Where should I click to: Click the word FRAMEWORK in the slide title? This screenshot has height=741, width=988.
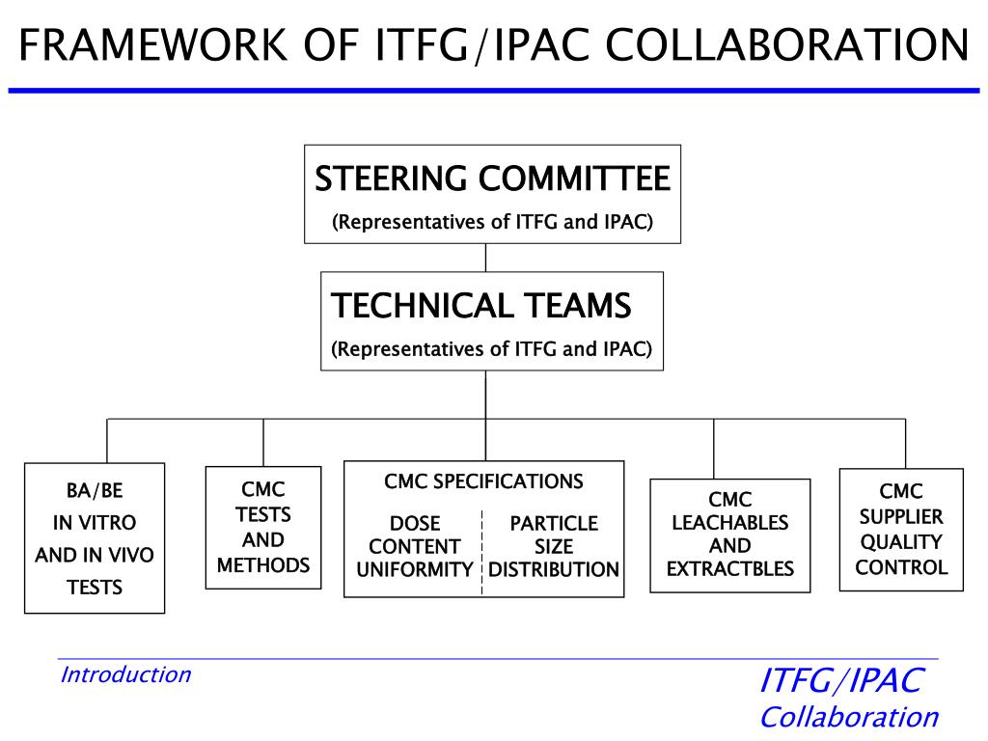[151, 44]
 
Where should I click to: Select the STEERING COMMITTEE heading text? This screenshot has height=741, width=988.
[492, 178]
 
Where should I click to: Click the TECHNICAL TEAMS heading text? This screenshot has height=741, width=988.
[480, 306]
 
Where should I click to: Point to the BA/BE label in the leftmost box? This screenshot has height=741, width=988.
[95, 491]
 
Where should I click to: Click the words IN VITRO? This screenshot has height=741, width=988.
[95, 523]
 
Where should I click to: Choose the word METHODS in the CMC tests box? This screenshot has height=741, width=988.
[263, 565]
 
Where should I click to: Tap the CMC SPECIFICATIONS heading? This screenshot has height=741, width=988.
[483, 481]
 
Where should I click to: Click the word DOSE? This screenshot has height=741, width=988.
[415, 524]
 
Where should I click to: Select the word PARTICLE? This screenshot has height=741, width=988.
[554, 524]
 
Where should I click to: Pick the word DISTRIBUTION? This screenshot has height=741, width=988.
[554, 569]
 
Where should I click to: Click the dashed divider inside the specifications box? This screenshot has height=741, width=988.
[482, 550]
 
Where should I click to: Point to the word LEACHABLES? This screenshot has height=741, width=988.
[730, 523]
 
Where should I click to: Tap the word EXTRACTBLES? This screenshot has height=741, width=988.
[730, 568]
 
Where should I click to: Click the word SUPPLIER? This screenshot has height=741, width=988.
[901, 516]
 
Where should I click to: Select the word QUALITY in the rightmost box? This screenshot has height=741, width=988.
[901, 542]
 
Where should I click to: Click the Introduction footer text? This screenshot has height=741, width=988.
[125, 674]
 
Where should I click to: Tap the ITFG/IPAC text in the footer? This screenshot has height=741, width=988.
[841, 680]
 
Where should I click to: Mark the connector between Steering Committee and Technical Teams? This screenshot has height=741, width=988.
[485, 258]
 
